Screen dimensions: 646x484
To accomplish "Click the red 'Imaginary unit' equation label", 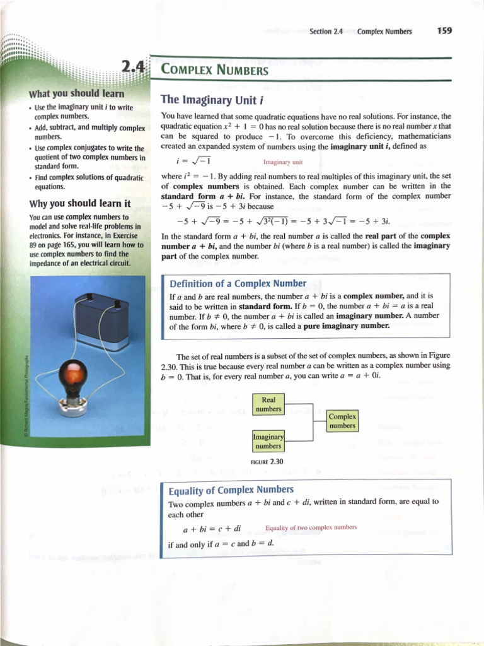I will pyautogui.click(x=283, y=162).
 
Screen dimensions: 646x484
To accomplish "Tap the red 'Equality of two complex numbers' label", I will pyautogui.click(x=311, y=527).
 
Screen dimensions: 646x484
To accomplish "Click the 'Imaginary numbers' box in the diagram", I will pyautogui.click(x=268, y=442).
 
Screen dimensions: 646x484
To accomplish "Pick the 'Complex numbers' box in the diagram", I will pyautogui.click(x=343, y=421).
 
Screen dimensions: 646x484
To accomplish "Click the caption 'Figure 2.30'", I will pyautogui.click(x=267, y=462).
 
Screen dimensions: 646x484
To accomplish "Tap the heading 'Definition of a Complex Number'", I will pyautogui.click(x=238, y=284).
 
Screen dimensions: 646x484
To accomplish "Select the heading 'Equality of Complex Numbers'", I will pyautogui.click(x=231, y=490).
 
